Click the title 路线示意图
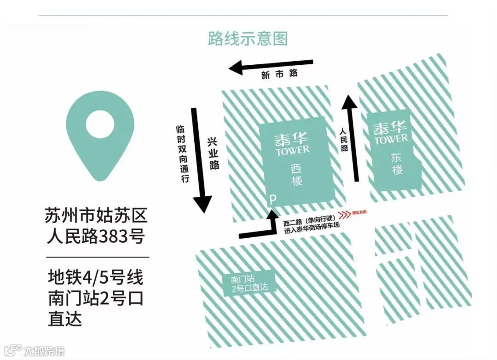coord(248,39)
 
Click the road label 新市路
coord(279,74)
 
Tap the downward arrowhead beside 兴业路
coord(202,204)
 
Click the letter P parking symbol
coord(272,200)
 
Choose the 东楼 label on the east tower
coord(397,163)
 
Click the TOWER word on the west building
coord(293,150)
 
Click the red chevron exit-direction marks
coord(344,213)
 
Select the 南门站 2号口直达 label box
coord(249,283)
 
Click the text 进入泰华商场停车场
coord(313,231)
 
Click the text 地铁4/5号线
coord(96,278)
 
